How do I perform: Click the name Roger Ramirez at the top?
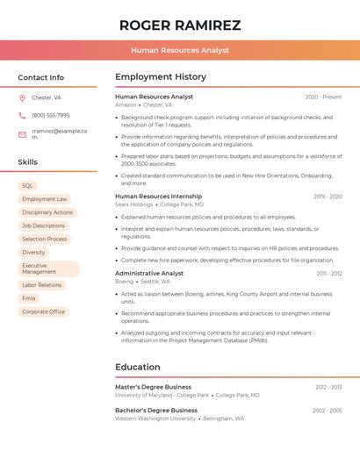point(180,25)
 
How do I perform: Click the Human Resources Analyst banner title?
point(180,50)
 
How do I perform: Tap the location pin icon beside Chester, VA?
point(22,97)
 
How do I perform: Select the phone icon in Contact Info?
point(22,115)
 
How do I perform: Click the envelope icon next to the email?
point(22,134)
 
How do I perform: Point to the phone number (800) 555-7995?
point(50,115)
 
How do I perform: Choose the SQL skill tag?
point(27,186)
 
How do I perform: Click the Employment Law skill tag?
point(44,199)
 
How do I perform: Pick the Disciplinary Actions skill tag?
point(47,212)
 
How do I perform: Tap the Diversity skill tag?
point(33,252)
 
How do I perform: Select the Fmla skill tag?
point(29,298)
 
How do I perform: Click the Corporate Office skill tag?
point(44,311)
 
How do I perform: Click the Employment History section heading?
point(161,77)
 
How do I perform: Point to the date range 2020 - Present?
point(323,97)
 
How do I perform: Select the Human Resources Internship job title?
point(158,197)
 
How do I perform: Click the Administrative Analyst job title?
point(149,273)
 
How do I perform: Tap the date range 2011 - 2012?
point(329,274)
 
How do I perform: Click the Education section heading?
point(138,367)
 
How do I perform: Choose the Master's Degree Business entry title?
point(153,387)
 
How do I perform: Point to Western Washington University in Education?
point(155,418)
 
